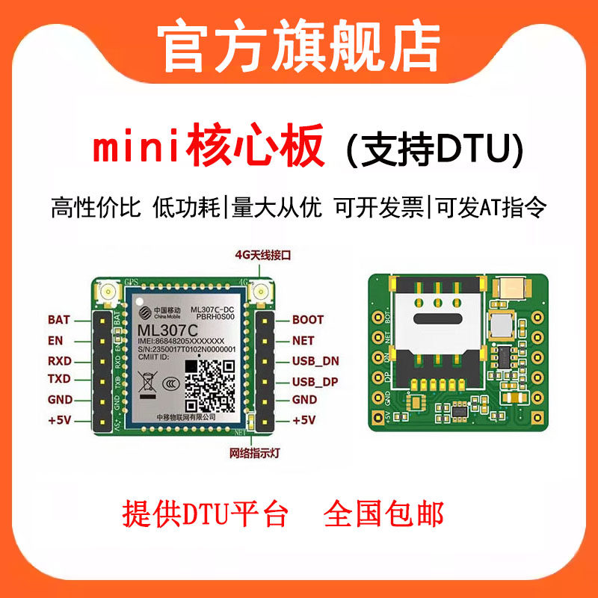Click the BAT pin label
click(x=58, y=320)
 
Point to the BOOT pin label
click(x=308, y=320)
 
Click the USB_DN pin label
click(x=315, y=361)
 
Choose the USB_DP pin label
click(x=315, y=381)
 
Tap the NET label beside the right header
click(x=303, y=340)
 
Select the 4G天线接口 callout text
click(x=262, y=256)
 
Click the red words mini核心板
click(x=209, y=147)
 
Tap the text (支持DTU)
click(x=434, y=149)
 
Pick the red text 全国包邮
click(x=383, y=514)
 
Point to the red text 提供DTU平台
click(x=206, y=514)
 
